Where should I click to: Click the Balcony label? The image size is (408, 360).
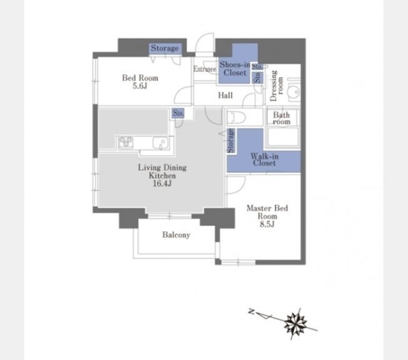click(x=176, y=235)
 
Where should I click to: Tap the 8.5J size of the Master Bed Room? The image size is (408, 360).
click(x=267, y=224)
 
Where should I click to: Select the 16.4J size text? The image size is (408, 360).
click(x=162, y=183)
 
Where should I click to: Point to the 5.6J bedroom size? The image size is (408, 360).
click(x=140, y=86)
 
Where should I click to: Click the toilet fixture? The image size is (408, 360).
click(x=237, y=117)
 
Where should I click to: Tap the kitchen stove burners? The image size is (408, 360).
click(x=126, y=143)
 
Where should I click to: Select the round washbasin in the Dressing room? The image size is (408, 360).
click(x=294, y=92)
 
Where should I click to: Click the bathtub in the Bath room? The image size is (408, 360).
click(x=283, y=137)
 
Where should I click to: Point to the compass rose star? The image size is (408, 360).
click(x=295, y=324)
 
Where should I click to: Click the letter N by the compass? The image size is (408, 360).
click(x=252, y=311)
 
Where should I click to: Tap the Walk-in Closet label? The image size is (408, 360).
click(x=264, y=160)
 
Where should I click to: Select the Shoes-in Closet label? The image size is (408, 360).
click(x=235, y=69)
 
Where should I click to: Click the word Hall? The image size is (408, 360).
click(x=225, y=96)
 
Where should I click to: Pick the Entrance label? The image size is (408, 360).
click(x=205, y=69)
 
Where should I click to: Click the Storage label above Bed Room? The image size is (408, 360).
click(x=165, y=48)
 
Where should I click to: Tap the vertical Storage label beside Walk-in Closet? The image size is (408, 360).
click(x=231, y=141)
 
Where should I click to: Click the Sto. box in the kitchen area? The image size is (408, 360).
click(x=178, y=113)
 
